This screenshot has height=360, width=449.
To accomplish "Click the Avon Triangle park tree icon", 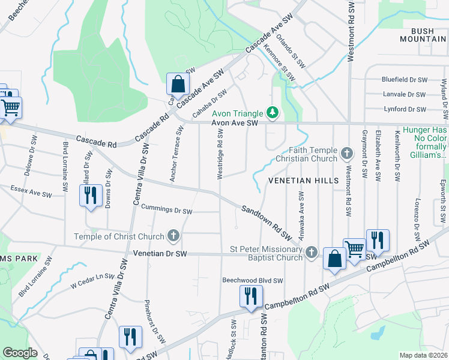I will coord(273,112).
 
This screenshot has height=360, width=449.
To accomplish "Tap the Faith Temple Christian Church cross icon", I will coord(346,154).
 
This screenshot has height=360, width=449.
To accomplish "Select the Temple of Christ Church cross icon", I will coord(173,236).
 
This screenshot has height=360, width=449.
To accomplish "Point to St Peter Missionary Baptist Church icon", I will coord(311,253).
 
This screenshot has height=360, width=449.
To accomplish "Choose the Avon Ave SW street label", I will coord(234,123).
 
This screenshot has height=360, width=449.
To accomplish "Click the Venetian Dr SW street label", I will coord(161,254).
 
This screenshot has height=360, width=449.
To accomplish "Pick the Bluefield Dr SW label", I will coord(405,79).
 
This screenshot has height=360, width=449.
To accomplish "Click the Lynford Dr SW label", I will coord(405,109).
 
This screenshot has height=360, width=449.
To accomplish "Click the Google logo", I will coord(20,353).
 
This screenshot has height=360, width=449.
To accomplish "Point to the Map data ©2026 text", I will coord(423,355).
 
